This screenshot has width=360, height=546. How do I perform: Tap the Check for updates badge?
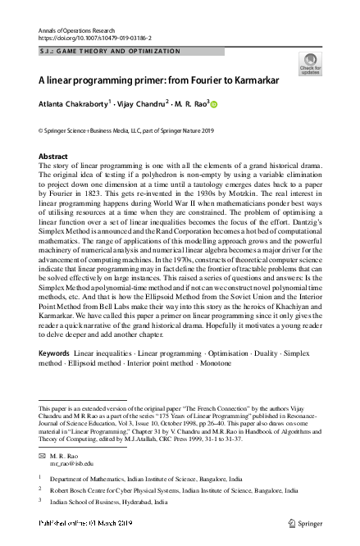click(311, 63)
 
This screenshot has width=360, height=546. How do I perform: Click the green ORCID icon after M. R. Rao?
click(216, 104)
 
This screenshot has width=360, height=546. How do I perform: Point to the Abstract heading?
click(53, 156)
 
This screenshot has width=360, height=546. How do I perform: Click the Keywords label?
click(54, 375)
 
